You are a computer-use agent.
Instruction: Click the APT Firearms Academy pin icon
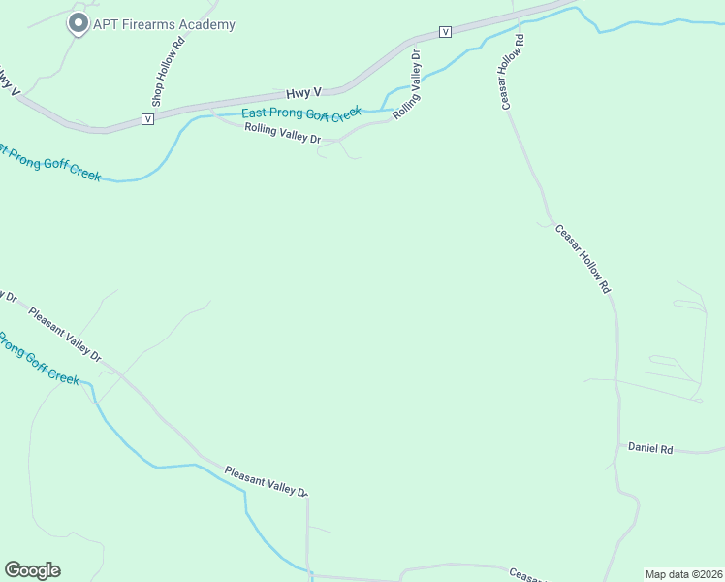coord(78,23)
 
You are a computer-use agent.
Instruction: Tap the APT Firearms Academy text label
coord(164,25)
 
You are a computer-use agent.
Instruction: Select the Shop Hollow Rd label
coord(167,73)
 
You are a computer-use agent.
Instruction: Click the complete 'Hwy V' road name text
coord(303,93)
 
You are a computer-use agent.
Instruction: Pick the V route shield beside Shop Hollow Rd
coord(147,118)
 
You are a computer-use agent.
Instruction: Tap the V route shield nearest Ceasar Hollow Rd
coord(445,32)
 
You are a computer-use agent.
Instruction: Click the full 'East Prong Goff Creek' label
coord(300,113)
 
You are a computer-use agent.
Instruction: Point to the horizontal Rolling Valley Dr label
coord(282,134)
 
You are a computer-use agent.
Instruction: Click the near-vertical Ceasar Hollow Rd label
coord(513,73)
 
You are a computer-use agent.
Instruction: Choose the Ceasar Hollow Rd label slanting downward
coord(583,259)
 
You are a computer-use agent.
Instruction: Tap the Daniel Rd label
coord(650,448)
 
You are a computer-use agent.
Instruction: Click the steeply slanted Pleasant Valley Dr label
coord(64,335)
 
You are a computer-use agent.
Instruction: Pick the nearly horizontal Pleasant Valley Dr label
coord(266,481)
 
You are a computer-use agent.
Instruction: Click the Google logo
coord(32,570)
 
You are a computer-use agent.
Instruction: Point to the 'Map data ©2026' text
coord(684,574)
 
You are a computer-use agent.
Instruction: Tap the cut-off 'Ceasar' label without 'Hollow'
coord(529,575)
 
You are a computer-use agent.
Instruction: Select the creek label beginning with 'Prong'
coord(39,358)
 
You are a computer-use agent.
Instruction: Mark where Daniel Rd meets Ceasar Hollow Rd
coord(619,447)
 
